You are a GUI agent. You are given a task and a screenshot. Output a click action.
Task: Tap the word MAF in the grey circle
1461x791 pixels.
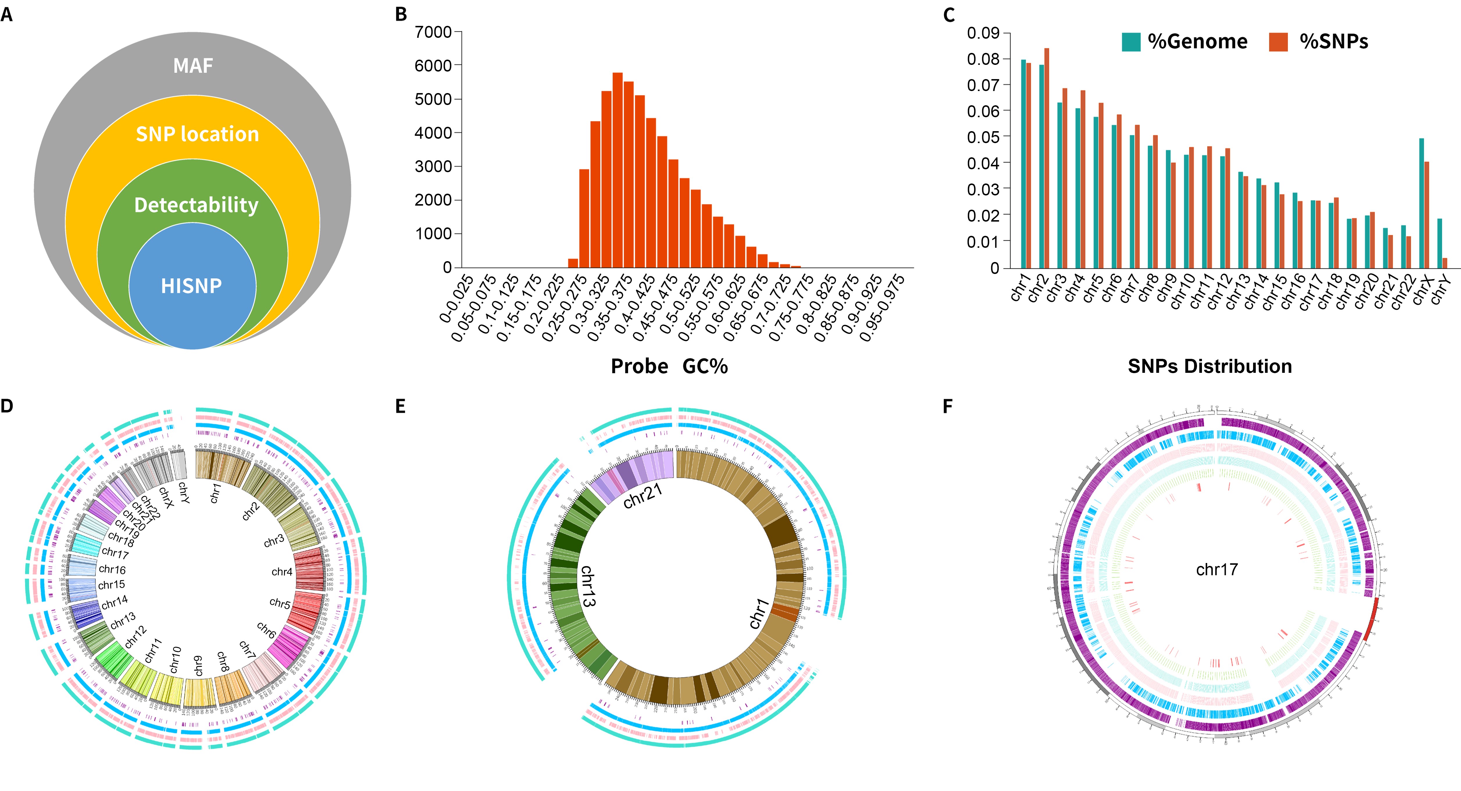[193, 66]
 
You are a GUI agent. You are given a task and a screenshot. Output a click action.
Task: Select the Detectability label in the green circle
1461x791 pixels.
[196, 205]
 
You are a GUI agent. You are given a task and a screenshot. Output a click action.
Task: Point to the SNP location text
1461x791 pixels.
[197, 134]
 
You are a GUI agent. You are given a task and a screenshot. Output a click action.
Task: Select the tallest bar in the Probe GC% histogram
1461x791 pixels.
[618, 170]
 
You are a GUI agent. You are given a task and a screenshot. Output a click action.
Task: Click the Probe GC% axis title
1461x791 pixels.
[669, 366]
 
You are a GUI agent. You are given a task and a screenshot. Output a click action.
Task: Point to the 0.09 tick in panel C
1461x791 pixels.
[983, 33]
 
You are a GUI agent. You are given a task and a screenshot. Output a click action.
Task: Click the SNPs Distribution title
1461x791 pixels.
[1210, 366]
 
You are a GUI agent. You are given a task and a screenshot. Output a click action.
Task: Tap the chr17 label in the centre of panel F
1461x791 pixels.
[1216, 570]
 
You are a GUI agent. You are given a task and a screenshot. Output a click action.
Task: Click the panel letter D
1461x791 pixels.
[7, 406]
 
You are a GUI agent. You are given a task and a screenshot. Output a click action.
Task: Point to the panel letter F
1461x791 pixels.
[947, 406]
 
